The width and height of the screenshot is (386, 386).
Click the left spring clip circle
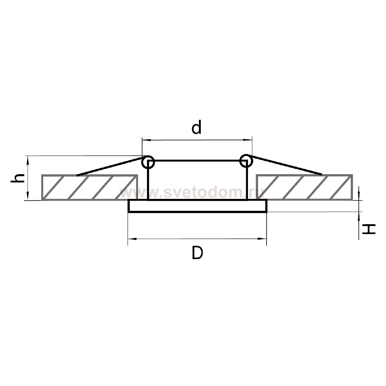148,162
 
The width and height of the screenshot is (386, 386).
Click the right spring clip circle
246,161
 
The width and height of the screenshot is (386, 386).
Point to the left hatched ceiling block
90,187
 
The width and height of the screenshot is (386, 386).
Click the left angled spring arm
110,167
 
